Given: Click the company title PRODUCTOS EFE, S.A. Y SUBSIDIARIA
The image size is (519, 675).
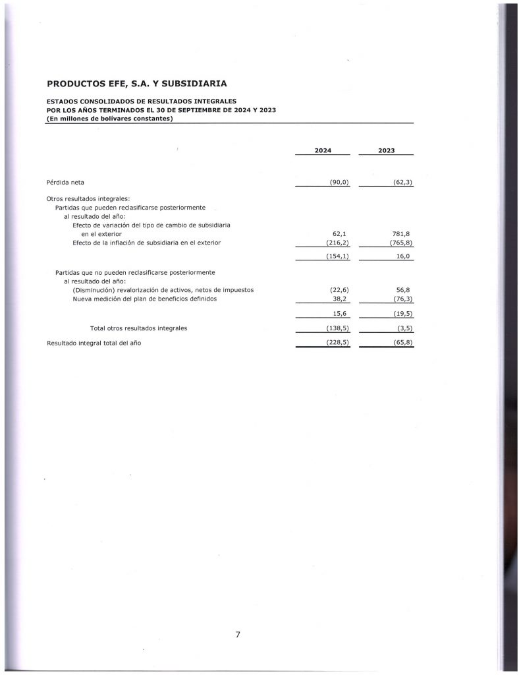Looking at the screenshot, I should [x=137, y=84].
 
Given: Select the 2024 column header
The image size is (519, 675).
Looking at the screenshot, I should [x=323, y=151].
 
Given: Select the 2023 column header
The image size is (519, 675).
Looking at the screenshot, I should [x=387, y=151].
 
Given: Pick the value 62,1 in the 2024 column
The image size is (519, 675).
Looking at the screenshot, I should [x=340, y=233].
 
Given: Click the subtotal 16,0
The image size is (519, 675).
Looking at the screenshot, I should [x=402, y=256].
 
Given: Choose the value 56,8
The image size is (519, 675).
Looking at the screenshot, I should [x=403, y=290].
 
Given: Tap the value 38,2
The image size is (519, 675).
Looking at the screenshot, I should [x=339, y=299].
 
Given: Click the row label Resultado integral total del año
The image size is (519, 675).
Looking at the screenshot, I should [x=94, y=343].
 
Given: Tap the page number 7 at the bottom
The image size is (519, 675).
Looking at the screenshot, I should [x=238, y=635].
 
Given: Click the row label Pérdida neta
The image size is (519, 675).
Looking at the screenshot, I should [x=65, y=182].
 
